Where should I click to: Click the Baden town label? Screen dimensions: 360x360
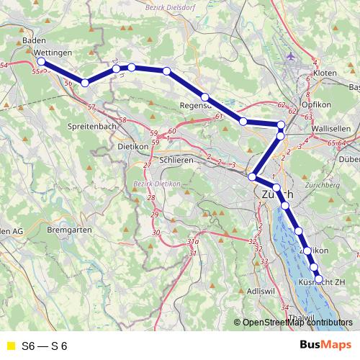pos(34,41)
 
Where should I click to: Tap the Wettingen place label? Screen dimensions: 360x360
pos(53,53)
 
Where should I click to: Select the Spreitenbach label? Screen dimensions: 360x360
pos(92,125)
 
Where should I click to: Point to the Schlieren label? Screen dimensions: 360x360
pos(176,160)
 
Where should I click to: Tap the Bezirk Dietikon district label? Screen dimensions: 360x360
pos(156,183)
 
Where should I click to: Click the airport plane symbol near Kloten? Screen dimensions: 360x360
pos(290,55)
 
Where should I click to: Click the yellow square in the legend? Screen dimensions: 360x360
pos(10,346)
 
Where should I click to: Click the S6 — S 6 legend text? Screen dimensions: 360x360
pos(45,346)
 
